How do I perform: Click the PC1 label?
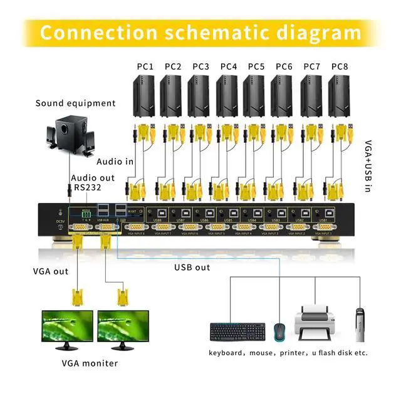tap(145, 66)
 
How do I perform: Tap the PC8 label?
tap(340, 66)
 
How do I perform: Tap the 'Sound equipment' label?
tap(75, 103)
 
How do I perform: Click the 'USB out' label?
tap(192, 268)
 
